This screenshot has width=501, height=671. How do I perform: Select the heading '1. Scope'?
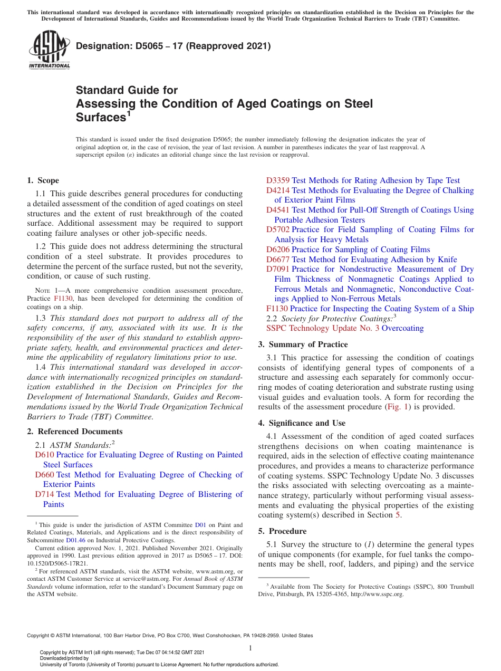tap(43, 180)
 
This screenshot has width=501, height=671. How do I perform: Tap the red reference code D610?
tap(44, 455)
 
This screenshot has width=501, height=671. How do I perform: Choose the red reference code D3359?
tap(278, 180)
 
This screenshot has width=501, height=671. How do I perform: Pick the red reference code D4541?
tap(278, 210)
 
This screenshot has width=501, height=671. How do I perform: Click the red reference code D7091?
tap(278, 269)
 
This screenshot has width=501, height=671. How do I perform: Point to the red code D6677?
tap(278, 259)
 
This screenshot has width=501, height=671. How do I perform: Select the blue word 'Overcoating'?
tap(402, 328)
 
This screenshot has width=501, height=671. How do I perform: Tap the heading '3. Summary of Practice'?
tap(303, 344)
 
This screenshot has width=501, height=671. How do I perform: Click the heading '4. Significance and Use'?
tap(302, 423)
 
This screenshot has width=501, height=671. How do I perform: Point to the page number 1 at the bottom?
tap(250, 648)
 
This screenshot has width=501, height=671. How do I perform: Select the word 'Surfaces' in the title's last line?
tap(100, 118)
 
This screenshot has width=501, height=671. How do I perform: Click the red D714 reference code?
tap(44, 494)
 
